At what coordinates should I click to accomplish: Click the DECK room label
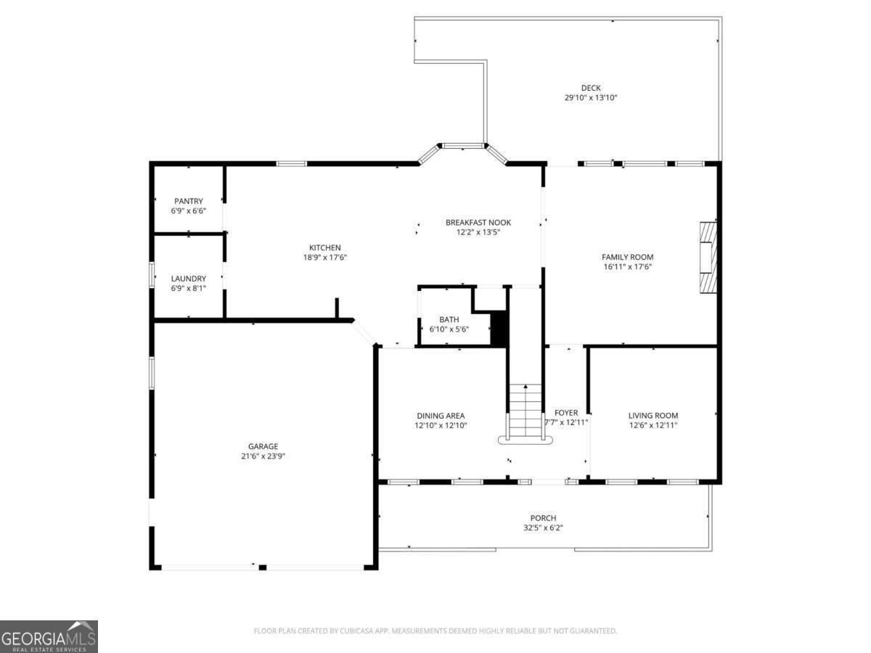[591, 88]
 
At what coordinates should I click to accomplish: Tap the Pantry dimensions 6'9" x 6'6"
[189, 210]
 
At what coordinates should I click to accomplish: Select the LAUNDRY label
[189, 279]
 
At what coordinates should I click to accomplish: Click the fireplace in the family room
[708, 257]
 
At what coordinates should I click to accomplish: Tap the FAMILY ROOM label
[627, 257]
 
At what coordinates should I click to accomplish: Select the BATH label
[449, 319]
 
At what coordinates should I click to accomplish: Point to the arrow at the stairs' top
[526, 388]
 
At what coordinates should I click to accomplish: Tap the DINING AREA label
[441, 416]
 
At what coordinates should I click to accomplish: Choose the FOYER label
[566, 413]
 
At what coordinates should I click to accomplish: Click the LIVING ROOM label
[653, 416]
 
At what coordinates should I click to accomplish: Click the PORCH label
[543, 518]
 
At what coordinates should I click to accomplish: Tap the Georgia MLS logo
[49, 636]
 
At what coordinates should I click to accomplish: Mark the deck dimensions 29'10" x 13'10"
[591, 97]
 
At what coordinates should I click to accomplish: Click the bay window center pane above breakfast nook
[464, 146]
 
